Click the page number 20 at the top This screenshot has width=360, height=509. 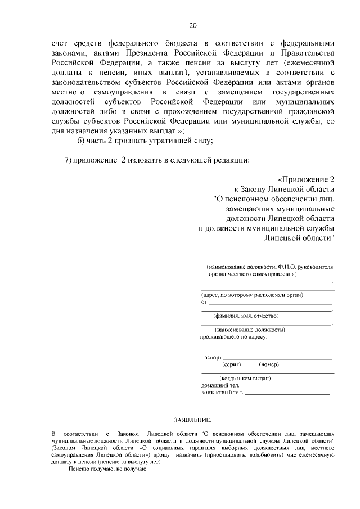(x=193, y=25)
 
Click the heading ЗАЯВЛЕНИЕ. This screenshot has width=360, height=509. (x=192, y=420)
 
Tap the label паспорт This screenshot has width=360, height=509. (x=211, y=357)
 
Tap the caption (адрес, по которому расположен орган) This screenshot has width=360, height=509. (x=253, y=295)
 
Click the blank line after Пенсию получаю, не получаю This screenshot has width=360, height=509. (x=238, y=469)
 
